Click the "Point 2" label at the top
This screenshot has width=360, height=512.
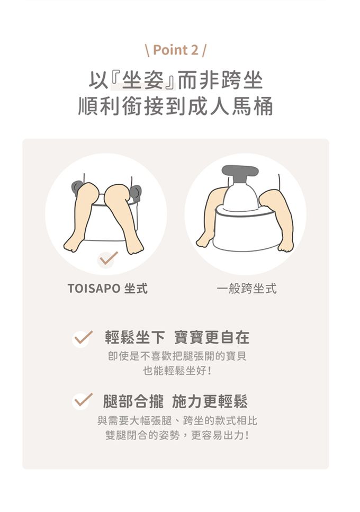(176, 50)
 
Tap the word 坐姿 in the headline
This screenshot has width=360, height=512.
(143, 80)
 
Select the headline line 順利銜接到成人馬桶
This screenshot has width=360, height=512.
(176, 106)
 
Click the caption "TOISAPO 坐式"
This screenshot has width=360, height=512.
(107, 289)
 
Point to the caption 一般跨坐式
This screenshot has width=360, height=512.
(246, 289)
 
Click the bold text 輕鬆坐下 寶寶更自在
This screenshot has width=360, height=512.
(177, 337)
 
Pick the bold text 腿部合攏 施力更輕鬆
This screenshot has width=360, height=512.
(175, 401)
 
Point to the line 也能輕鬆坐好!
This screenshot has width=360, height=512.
(177, 371)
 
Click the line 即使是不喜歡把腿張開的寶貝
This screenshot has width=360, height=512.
(177, 356)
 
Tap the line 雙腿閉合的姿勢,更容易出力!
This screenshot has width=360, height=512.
(177, 435)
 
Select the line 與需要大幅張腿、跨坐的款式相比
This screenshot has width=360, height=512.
(177, 420)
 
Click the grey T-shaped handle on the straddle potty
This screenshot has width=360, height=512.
(240, 175)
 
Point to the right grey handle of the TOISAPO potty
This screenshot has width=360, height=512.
(136, 193)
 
